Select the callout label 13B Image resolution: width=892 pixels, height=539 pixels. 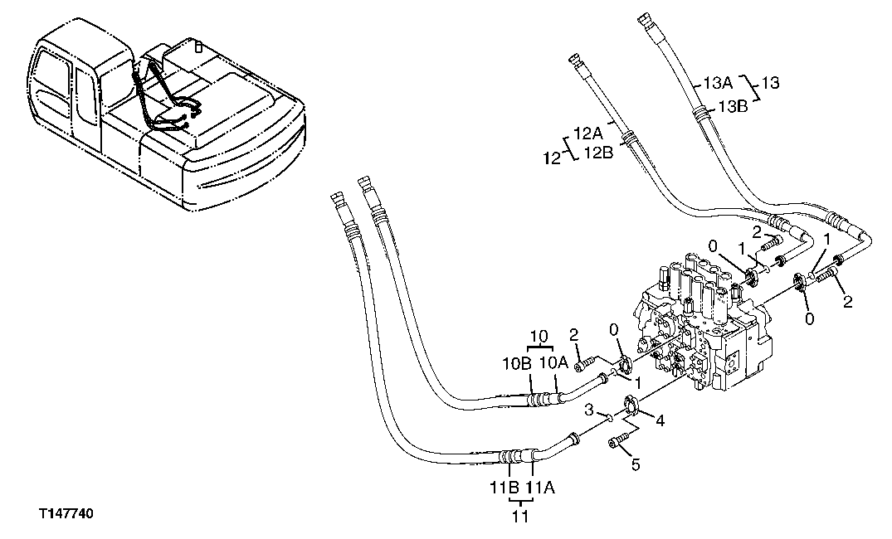[733, 106]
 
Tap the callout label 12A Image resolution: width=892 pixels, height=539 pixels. [588, 133]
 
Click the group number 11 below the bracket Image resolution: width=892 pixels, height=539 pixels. [520, 517]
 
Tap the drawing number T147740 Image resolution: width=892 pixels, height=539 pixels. [66, 515]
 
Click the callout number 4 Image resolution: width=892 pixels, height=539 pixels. [660, 420]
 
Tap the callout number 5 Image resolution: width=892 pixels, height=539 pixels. [636, 464]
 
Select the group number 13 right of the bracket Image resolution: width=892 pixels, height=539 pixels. [772, 84]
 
